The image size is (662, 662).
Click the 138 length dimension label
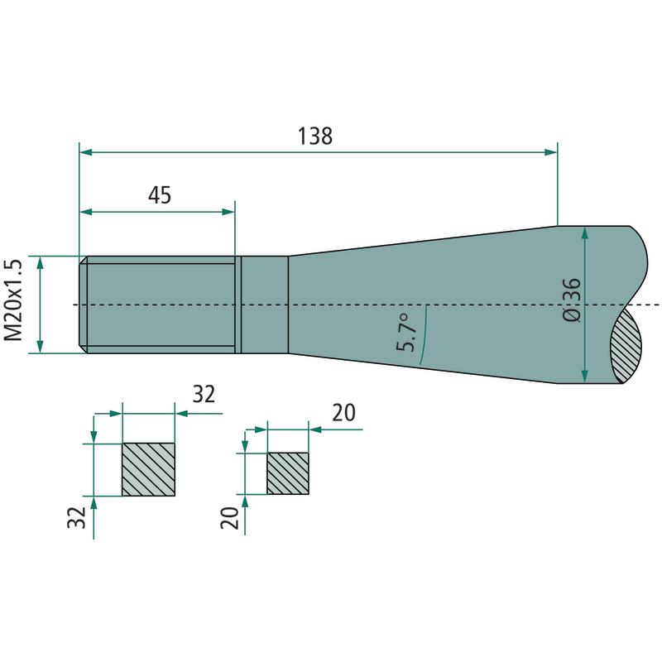point(315,137)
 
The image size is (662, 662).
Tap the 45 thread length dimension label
point(160,195)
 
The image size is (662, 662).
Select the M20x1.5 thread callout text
point(13,300)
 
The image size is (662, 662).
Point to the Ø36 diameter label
point(572,300)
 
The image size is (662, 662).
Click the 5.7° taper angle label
point(405,333)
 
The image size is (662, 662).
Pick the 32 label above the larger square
point(204,395)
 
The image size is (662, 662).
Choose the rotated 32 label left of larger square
point(76,517)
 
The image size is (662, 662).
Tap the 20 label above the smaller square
point(343,412)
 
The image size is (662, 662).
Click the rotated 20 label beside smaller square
point(229,518)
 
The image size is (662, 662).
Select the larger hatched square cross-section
point(148,469)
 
